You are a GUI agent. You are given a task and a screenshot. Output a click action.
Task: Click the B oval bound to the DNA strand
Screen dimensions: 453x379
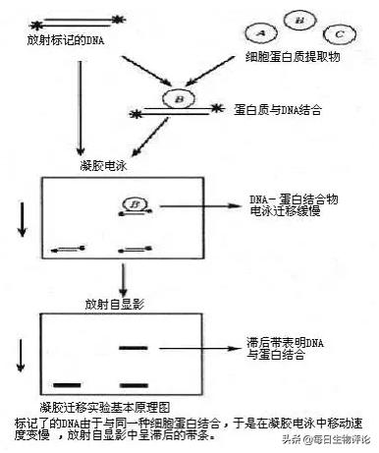[180, 100]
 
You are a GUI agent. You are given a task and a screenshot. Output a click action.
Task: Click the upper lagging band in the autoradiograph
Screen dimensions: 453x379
[133, 348]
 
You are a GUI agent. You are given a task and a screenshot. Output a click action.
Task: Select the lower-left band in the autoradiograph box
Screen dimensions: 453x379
[67, 382]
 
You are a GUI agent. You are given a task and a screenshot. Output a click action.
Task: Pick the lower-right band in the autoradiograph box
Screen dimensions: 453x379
[133, 382]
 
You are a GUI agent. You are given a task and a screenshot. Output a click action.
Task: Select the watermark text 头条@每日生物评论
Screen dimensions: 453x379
[331, 439]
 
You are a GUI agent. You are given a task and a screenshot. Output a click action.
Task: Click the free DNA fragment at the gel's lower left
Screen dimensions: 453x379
[66, 249]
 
